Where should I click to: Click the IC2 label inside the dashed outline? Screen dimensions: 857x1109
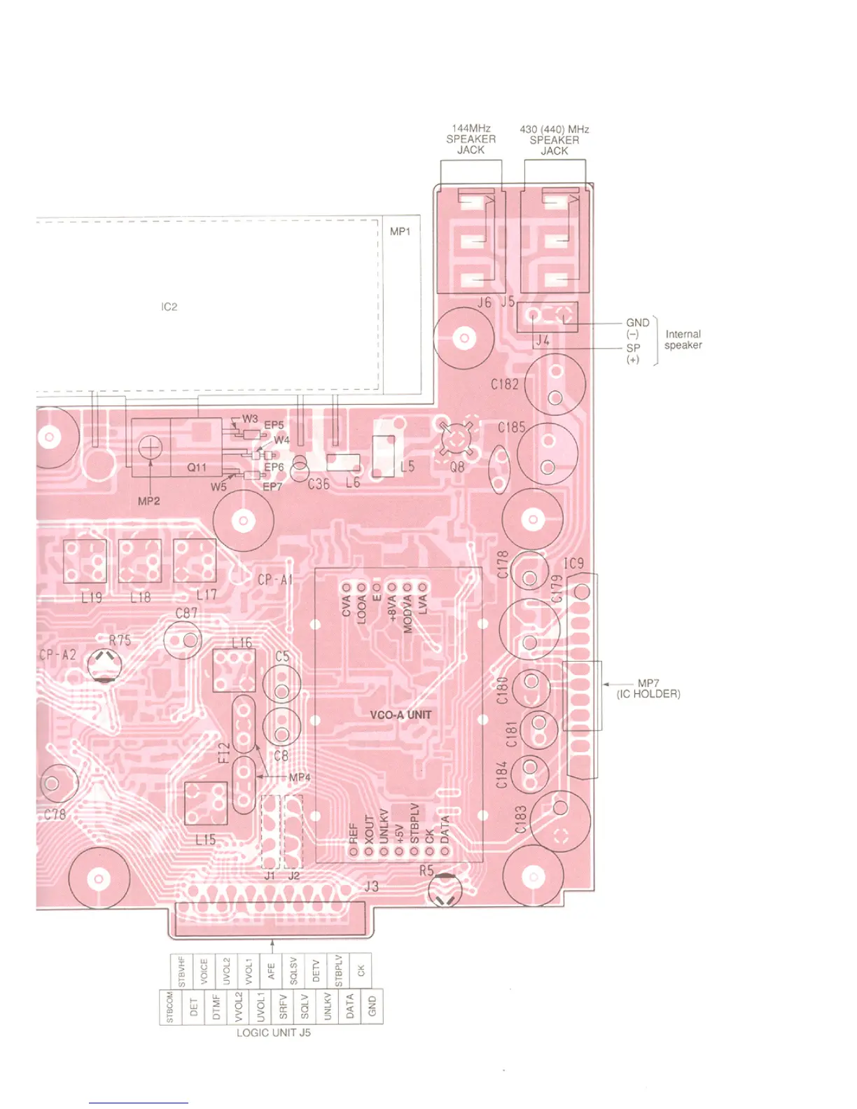pos(169,307)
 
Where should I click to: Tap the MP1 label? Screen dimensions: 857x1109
pos(400,231)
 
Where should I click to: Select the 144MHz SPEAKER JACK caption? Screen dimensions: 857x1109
pos(471,139)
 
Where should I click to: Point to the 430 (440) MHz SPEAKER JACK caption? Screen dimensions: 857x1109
pos(555,140)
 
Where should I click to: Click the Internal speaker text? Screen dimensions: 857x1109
pos(683,340)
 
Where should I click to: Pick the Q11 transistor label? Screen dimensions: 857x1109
pos(197,467)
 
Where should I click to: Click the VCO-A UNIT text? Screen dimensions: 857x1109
pos(400,715)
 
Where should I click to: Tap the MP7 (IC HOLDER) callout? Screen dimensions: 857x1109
pos(648,688)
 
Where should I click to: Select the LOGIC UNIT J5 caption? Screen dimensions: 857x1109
pos(273,1033)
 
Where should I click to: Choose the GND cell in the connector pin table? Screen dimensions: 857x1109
pos(372,1006)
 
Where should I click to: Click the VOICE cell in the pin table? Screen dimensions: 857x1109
pos(204,971)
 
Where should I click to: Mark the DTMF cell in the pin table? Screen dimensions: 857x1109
pos(216,1006)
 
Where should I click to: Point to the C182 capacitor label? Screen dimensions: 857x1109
pos(505,384)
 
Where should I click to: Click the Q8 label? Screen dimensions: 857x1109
pos(457,466)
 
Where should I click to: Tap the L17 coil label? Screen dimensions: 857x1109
pos(206,595)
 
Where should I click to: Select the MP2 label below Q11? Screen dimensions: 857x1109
pos(149,501)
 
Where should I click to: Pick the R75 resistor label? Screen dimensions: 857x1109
pos(120,640)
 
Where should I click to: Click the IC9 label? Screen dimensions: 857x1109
pos(573,564)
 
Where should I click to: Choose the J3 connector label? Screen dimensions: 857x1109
pos(371,886)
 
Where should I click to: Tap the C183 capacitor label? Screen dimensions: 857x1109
pos(521,820)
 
